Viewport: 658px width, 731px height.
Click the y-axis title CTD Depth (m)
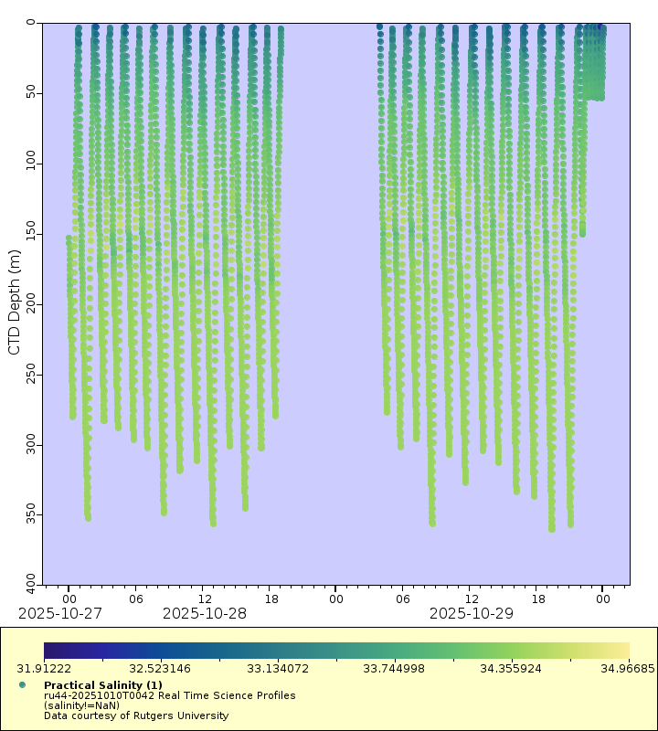14,302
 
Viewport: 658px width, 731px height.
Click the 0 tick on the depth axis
32,22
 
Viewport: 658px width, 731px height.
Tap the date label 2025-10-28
205,613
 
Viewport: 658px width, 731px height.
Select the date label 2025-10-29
472,613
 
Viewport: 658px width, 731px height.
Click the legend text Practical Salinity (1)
103,685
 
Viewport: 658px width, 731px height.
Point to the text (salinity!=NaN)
82,705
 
